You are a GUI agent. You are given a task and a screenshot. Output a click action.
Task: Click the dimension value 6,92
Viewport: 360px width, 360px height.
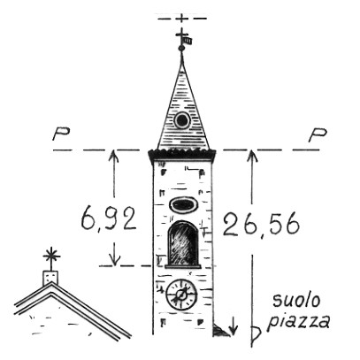[109, 218]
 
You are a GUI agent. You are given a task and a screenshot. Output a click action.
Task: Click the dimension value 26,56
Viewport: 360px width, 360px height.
[261, 225]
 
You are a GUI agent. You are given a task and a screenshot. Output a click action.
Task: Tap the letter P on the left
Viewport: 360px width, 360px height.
[61, 134]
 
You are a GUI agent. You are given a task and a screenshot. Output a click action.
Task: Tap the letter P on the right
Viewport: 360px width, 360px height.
[318, 135]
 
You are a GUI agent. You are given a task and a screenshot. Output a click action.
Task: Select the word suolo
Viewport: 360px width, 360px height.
[296, 301]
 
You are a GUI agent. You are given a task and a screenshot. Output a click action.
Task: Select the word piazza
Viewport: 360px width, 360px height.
[298, 321]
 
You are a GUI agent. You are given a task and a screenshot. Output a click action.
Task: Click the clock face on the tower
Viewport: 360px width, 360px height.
[181, 295]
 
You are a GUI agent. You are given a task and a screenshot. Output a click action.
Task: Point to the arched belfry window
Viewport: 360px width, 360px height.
[183, 244]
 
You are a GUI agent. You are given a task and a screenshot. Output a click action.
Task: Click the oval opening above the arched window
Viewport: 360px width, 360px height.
[183, 204]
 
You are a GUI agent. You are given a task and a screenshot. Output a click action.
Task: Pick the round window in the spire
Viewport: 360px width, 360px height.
[181, 120]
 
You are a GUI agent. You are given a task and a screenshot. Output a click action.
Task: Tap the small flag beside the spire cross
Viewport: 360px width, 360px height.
[188, 41]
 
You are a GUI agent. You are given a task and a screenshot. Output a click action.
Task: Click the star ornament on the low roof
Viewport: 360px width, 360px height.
[51, 256]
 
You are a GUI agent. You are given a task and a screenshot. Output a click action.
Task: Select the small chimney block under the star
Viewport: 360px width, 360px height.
[50, 278]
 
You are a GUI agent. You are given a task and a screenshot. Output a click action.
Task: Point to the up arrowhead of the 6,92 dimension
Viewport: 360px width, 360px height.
[114, 156]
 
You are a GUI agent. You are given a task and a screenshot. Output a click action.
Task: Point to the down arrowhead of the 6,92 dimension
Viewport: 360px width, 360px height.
[114, 260]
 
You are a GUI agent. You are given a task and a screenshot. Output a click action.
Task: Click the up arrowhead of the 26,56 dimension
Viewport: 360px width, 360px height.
[251, 156]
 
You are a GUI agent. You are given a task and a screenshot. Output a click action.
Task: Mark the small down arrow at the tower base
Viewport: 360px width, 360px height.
[233, 326]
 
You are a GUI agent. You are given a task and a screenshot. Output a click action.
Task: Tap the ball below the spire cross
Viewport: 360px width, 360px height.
[181, 47]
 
